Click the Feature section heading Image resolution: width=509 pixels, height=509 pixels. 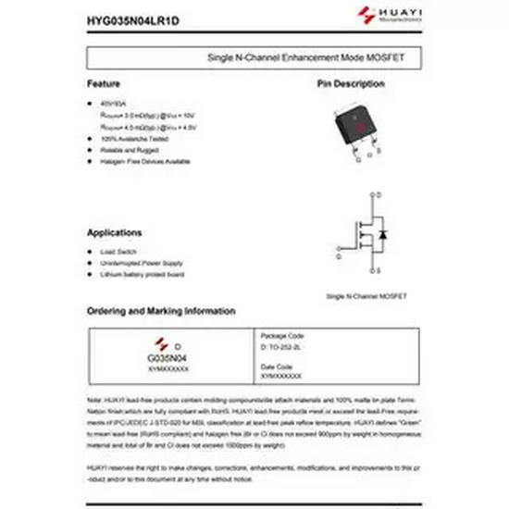coord(104,84)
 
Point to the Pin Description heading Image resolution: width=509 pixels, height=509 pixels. coord(351,84)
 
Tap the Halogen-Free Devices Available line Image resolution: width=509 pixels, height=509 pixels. coord(145,160)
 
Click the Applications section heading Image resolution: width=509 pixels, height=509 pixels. coord(115,232)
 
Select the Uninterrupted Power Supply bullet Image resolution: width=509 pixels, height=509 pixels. coord(142,263)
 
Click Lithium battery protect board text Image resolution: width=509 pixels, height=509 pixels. coord(143,274)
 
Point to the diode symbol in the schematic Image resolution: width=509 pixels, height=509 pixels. coord(382,232)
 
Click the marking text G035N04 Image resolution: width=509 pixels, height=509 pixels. coord(168,357)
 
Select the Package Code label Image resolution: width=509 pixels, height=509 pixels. coord(281,335)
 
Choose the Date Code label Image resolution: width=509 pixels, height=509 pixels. coord(277,366)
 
